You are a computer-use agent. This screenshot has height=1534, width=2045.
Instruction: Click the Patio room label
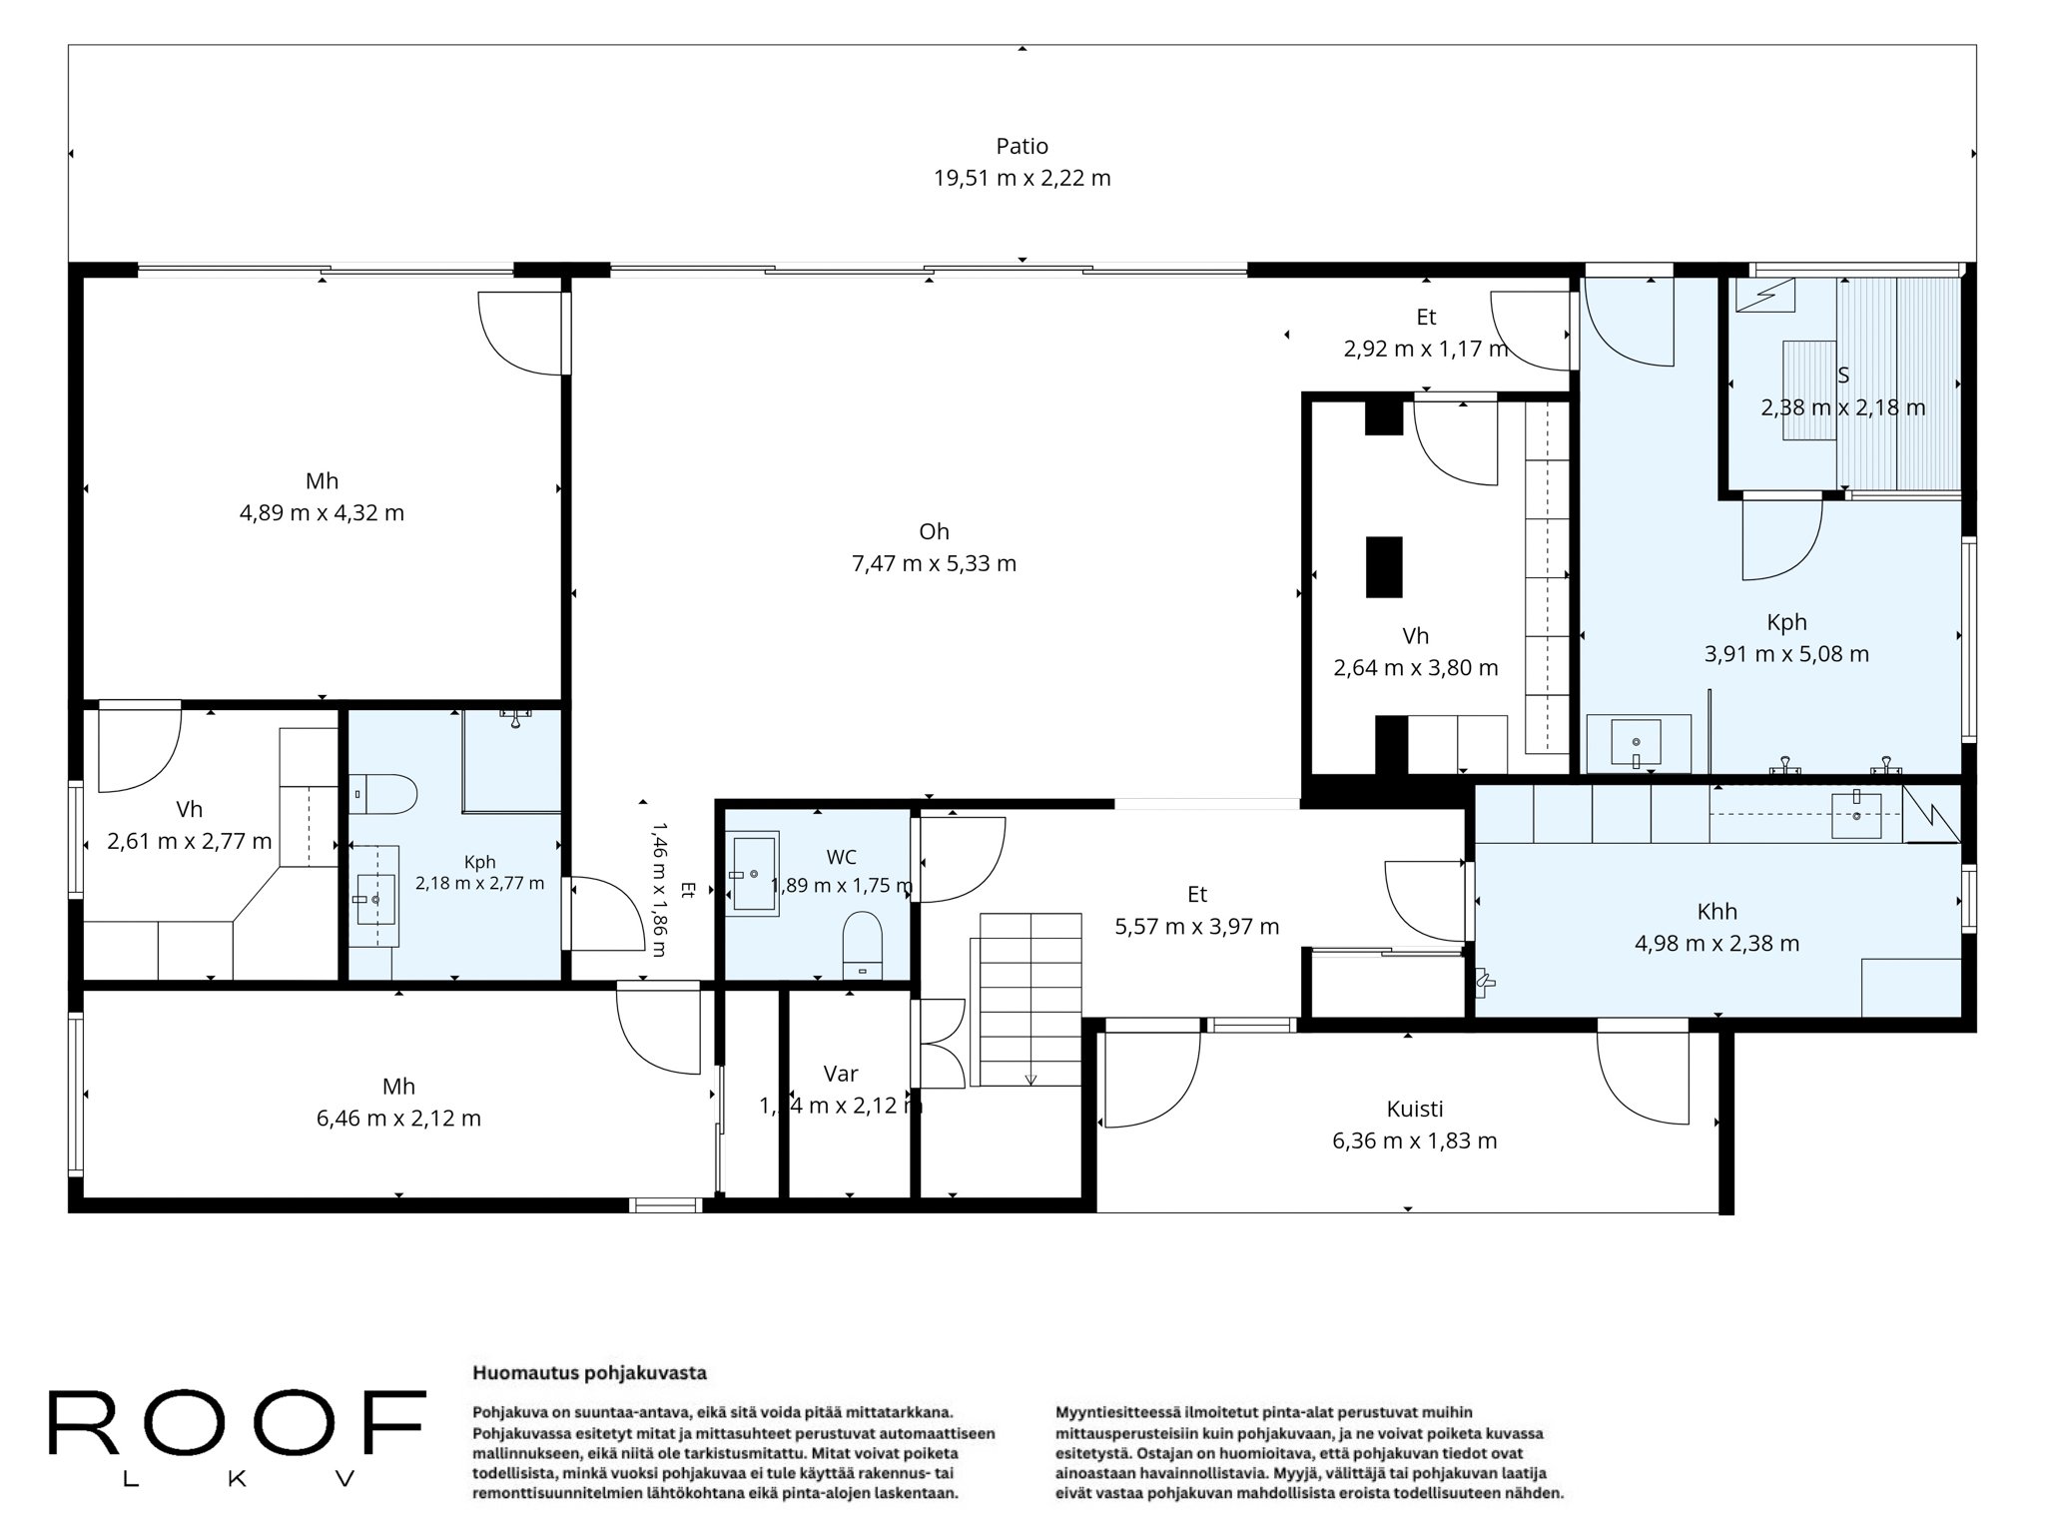1022,146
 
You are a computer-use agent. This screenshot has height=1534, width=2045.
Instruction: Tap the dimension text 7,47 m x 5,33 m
934,563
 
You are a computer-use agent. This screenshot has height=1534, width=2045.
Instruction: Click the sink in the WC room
754,875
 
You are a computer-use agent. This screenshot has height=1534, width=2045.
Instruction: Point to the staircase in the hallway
1030,999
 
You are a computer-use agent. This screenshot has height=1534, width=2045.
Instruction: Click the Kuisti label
1414,1109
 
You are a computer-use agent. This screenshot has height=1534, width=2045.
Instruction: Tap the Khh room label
1716,911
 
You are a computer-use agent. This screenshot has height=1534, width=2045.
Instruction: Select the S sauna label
1842,376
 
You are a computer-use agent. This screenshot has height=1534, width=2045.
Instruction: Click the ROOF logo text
237,1422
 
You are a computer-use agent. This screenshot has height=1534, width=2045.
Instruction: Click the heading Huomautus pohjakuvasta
589,1373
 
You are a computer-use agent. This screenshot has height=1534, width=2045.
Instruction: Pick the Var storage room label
841,1074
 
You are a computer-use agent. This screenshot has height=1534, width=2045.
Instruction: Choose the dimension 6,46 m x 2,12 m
398,1119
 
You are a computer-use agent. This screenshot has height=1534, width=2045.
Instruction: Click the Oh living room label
934,531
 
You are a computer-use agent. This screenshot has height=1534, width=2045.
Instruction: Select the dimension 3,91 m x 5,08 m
1786,654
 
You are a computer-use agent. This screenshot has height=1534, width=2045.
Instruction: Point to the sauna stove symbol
1765,296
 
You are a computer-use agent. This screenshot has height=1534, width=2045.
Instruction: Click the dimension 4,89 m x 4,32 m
322,513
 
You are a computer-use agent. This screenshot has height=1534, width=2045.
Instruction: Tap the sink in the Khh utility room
1856,815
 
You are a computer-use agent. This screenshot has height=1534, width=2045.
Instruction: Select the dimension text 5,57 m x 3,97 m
1196,927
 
